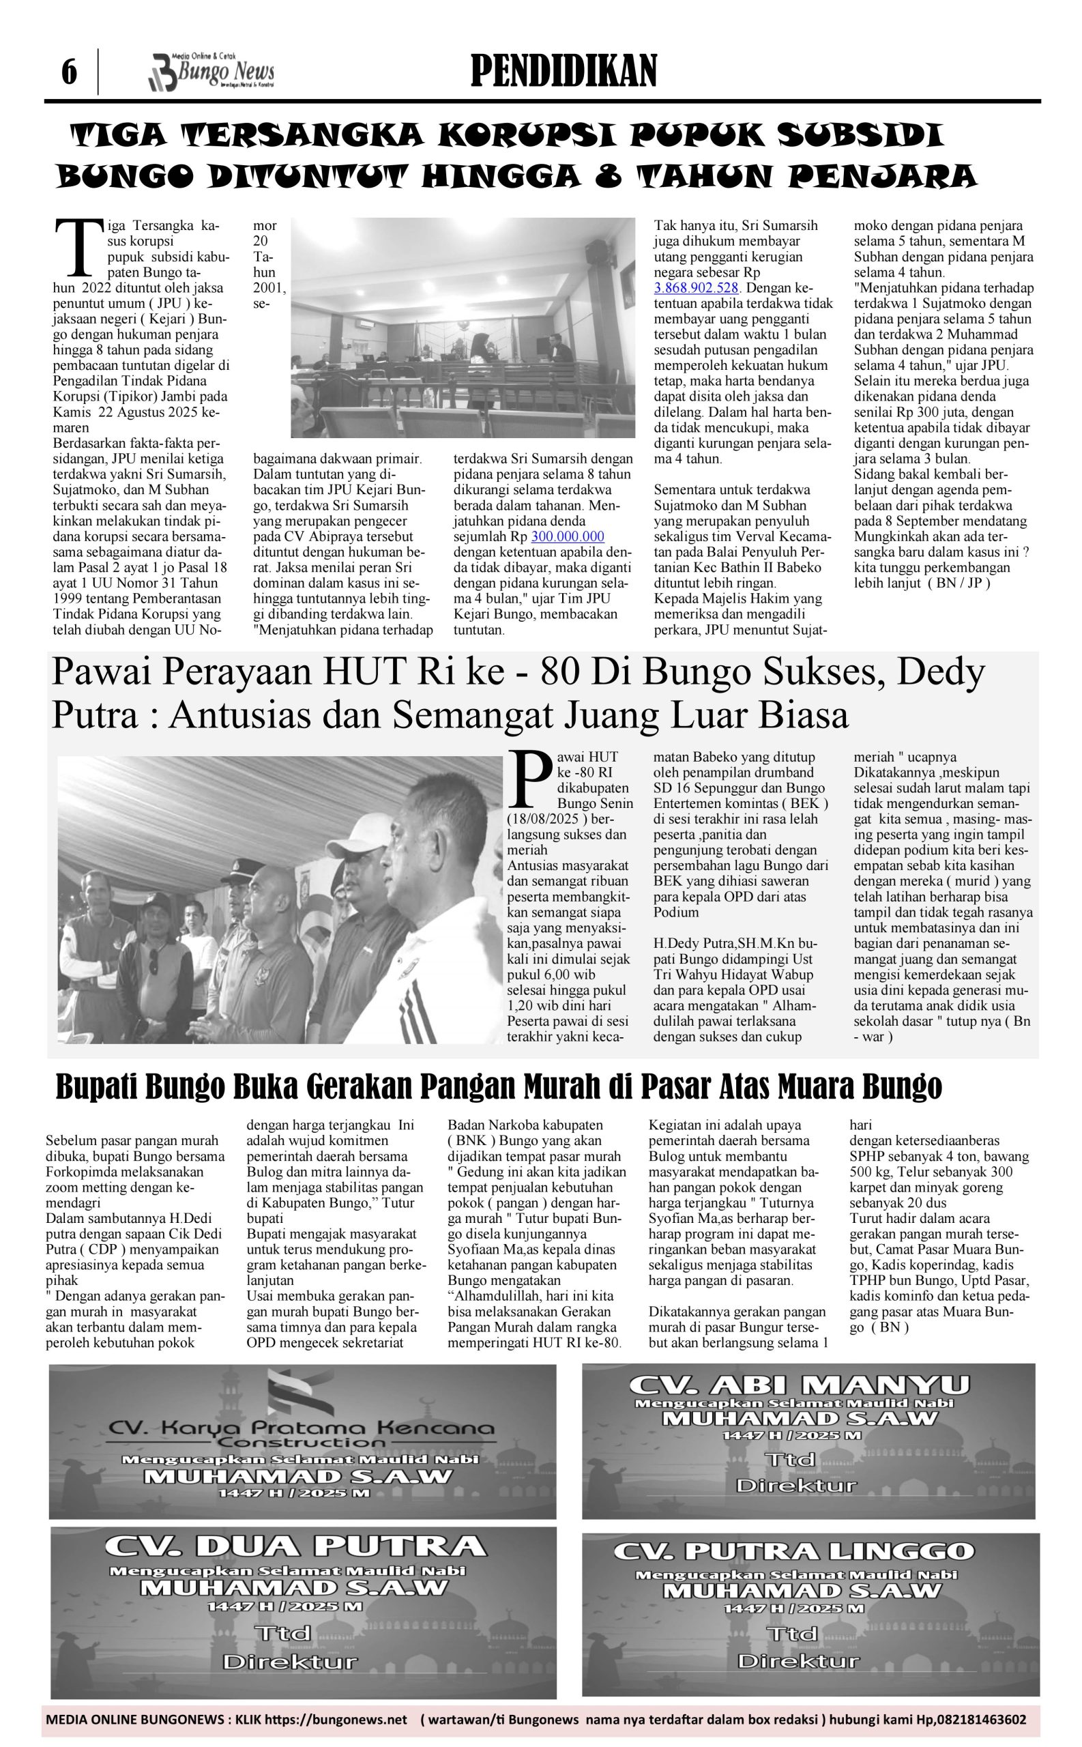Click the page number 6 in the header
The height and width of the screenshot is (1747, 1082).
pyautogui.click(x=69, y=72)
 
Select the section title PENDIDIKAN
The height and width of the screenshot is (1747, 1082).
pyautogui.click(x=564, y=72)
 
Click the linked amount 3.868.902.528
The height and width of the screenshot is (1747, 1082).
pyautogui.click(x=697, y=289)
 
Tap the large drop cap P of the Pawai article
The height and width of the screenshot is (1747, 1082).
pyautogui.click(x=529, y=778)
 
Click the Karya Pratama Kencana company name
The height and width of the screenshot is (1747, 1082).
pyautogui.click(x=301, y=1428)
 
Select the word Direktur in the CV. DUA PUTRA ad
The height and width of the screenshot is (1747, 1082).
pyautogui.click(x=289, y=1662)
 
